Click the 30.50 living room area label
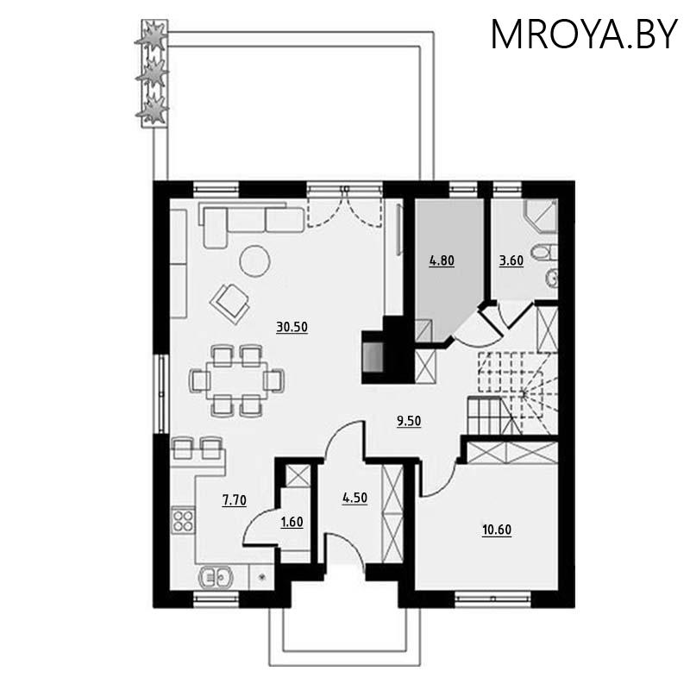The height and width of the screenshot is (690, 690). [292, 327]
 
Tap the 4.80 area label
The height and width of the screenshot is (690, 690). [442, 260]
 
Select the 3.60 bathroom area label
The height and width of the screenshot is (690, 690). [511, 260]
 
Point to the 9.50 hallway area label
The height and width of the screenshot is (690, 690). [409, 421]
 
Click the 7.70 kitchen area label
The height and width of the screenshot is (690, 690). [234, 500]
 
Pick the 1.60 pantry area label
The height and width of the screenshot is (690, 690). [292, 522]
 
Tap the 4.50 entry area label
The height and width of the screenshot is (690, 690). [354, 498]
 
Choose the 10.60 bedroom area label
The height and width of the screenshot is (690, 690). [497, 530]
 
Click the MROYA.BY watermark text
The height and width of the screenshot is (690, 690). [584, 34]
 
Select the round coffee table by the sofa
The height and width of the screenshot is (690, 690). [254, 261]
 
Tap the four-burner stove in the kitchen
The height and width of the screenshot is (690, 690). [183, 520]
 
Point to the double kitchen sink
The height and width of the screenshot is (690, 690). [216, 577]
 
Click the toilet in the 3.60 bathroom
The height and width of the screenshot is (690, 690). [545, 253]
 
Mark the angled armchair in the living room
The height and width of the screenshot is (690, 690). [230, 304]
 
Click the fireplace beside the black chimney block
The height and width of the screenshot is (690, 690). [373, 357]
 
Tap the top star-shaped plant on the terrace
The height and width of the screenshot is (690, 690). [153, 36]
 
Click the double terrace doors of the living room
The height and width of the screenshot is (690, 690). [344, 207]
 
